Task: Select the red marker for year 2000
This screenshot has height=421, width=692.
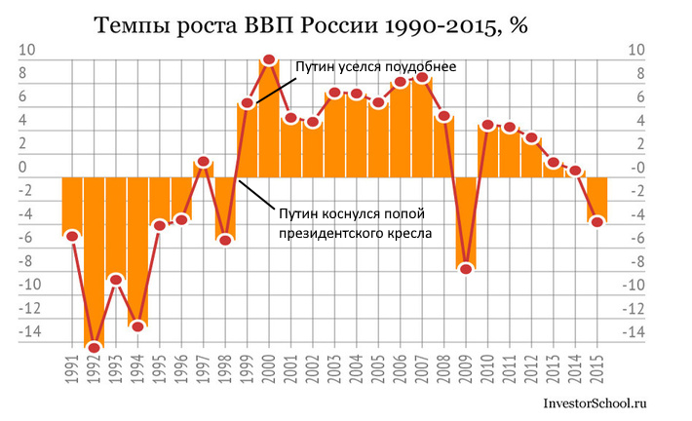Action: (269, 60)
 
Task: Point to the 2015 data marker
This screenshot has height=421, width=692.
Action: (596, 221)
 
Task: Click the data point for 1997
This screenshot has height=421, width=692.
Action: (204, 162)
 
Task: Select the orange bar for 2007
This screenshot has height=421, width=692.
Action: (422, 127)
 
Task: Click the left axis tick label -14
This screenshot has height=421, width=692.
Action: (31, 332)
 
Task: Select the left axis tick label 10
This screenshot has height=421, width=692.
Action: (31, 51)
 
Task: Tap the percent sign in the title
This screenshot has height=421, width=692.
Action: (517, 26)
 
